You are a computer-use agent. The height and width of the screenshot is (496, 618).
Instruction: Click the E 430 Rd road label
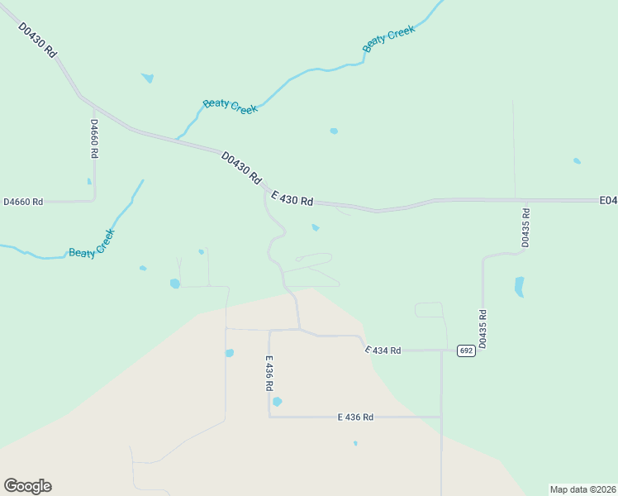pos(292,198)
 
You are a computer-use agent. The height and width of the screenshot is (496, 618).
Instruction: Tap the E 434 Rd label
pos(383,351)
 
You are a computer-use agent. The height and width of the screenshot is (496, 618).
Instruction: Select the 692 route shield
pos(466,351)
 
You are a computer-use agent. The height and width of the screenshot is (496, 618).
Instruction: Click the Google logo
pos(27,486)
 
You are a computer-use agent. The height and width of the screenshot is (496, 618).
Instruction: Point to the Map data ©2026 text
pos(582,489)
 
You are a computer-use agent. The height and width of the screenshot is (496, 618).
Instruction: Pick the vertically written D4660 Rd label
pos(94,139)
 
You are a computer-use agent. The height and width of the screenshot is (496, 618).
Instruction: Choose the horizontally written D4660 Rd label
pos(23,202)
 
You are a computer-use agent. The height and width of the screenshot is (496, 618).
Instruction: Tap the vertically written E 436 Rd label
pos(269,374)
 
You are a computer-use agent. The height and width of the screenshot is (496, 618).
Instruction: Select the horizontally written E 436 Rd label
pos(355,417)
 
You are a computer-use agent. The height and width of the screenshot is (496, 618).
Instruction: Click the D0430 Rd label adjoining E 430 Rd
pos(241,167)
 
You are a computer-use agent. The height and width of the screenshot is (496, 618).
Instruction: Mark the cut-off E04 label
pos(608,200)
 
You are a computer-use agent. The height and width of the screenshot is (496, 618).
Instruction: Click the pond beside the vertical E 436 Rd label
pos(278,402)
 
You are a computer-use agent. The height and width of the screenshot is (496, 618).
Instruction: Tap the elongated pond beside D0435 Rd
pos(520,287)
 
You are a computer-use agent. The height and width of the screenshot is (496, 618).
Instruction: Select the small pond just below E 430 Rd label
pos(315,228)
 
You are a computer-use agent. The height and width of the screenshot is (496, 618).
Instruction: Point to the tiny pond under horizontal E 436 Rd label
pos(355,443)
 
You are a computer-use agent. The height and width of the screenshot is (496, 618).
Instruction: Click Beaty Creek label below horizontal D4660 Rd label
pos(91,243)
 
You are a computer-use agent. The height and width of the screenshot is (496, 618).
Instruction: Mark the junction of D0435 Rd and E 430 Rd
pos(516,200)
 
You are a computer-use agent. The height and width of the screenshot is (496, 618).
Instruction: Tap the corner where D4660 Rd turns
pos(94,199)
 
